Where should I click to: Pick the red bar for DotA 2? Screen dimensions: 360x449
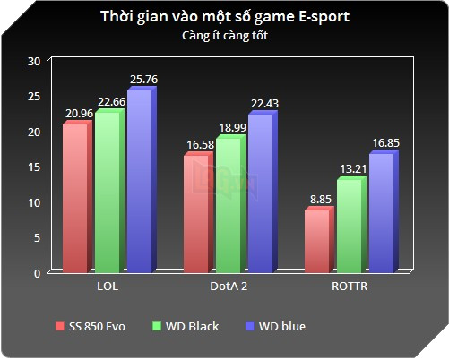pyautogui.click(x=196, y=212)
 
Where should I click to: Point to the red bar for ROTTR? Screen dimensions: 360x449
pyautogui.click(x=317, y=240)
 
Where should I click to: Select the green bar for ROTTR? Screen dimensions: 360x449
pyautogui.click(x=350, y=225)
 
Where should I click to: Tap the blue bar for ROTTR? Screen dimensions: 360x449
pyautogui.click(x=381, y=212)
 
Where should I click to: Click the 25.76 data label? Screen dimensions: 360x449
pyautogui.click(x=143, y=80)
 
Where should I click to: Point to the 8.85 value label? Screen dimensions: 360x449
pyautogui.click(x=319, y=200)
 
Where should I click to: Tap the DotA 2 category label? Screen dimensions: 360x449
pyautogui.click(x=229, y=287)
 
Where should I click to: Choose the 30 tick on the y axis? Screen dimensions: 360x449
pyautogui.click(x=34, y=61)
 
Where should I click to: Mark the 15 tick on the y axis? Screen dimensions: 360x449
pyautogui.click(x=34, y=167)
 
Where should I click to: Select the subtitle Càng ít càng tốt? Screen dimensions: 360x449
pyautogui.click(x=224, y=37)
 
